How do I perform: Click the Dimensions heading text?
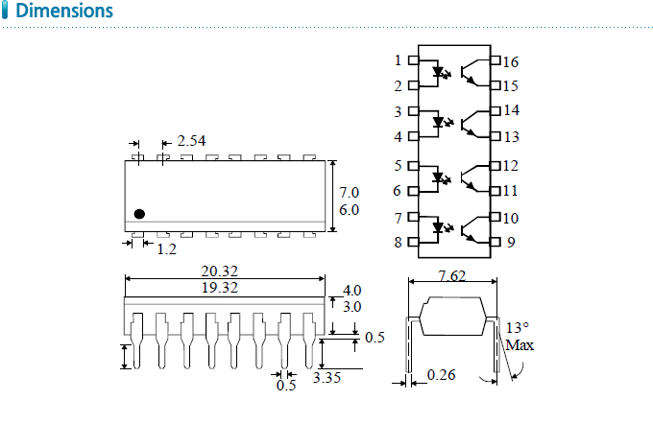tap(64, 12)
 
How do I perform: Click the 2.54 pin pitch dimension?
tap(191, 141)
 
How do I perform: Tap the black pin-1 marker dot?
tap(139, 213)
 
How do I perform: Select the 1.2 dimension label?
tap(166, 249)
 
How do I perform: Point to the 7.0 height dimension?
tap(349, 192)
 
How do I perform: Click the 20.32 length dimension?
tap(220, 272)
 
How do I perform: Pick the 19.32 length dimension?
tap(220, 287)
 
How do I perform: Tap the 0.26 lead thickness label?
tap(441, 375)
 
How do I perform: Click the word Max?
tap(520, 344)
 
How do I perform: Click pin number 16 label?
tap(511, 62)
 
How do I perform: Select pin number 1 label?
tap(398, 60)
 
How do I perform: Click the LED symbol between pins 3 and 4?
tap(442, 123)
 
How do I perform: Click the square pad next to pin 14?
tap(496, 111)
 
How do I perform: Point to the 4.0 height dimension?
tap(352, 290)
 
